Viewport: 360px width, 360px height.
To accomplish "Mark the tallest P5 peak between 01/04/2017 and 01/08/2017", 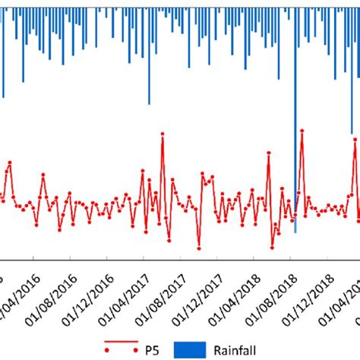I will (163, 134).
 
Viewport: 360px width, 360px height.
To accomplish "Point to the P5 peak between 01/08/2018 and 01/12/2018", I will (302, 131).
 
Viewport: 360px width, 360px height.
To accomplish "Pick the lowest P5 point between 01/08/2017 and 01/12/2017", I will (199, 248).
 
